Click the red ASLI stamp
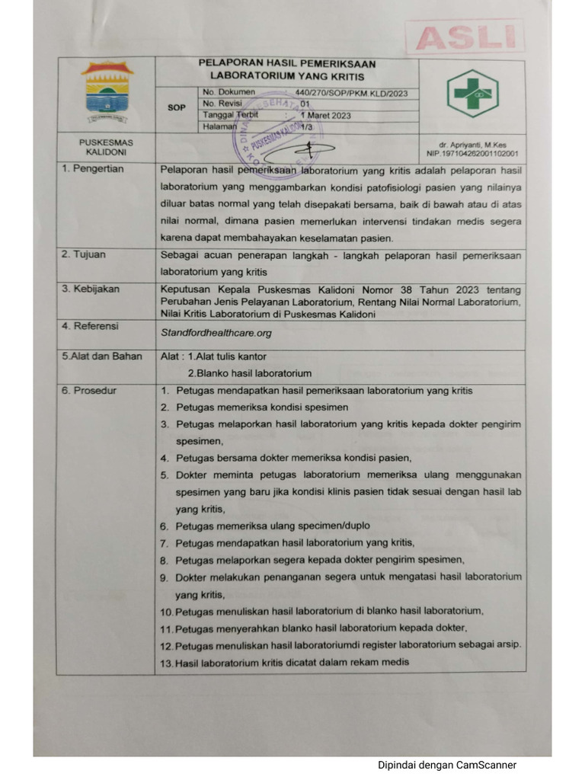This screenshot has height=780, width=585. point(465,37)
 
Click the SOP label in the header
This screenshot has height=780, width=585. point(177,107)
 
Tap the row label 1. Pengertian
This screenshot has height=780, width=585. point(93,169)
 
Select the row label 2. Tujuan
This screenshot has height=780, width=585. point(85,254)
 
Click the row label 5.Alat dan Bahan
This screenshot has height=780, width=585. point(102,356)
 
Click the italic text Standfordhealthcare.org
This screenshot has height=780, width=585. point(216,333)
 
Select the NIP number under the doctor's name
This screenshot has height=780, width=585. point(472,153)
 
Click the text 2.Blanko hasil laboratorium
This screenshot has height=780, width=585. point(250,373)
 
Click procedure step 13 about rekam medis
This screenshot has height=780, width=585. point(285,662)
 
